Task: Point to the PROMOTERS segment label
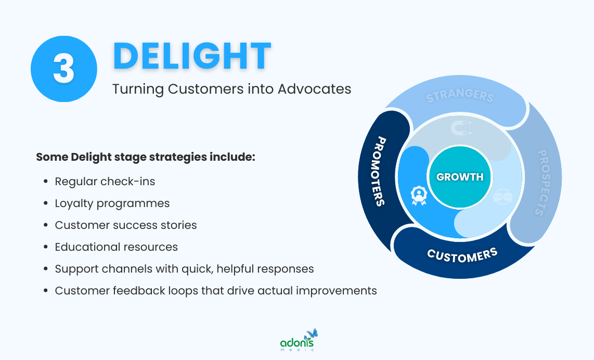(380, 171)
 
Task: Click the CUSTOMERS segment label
(462, 254)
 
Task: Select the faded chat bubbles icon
(503, 197)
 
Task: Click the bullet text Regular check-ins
(105, 182)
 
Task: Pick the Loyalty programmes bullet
(112, 203)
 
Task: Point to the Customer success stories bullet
(126, 225)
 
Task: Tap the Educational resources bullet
(117, 247)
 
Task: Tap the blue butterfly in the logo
(312, 333)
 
